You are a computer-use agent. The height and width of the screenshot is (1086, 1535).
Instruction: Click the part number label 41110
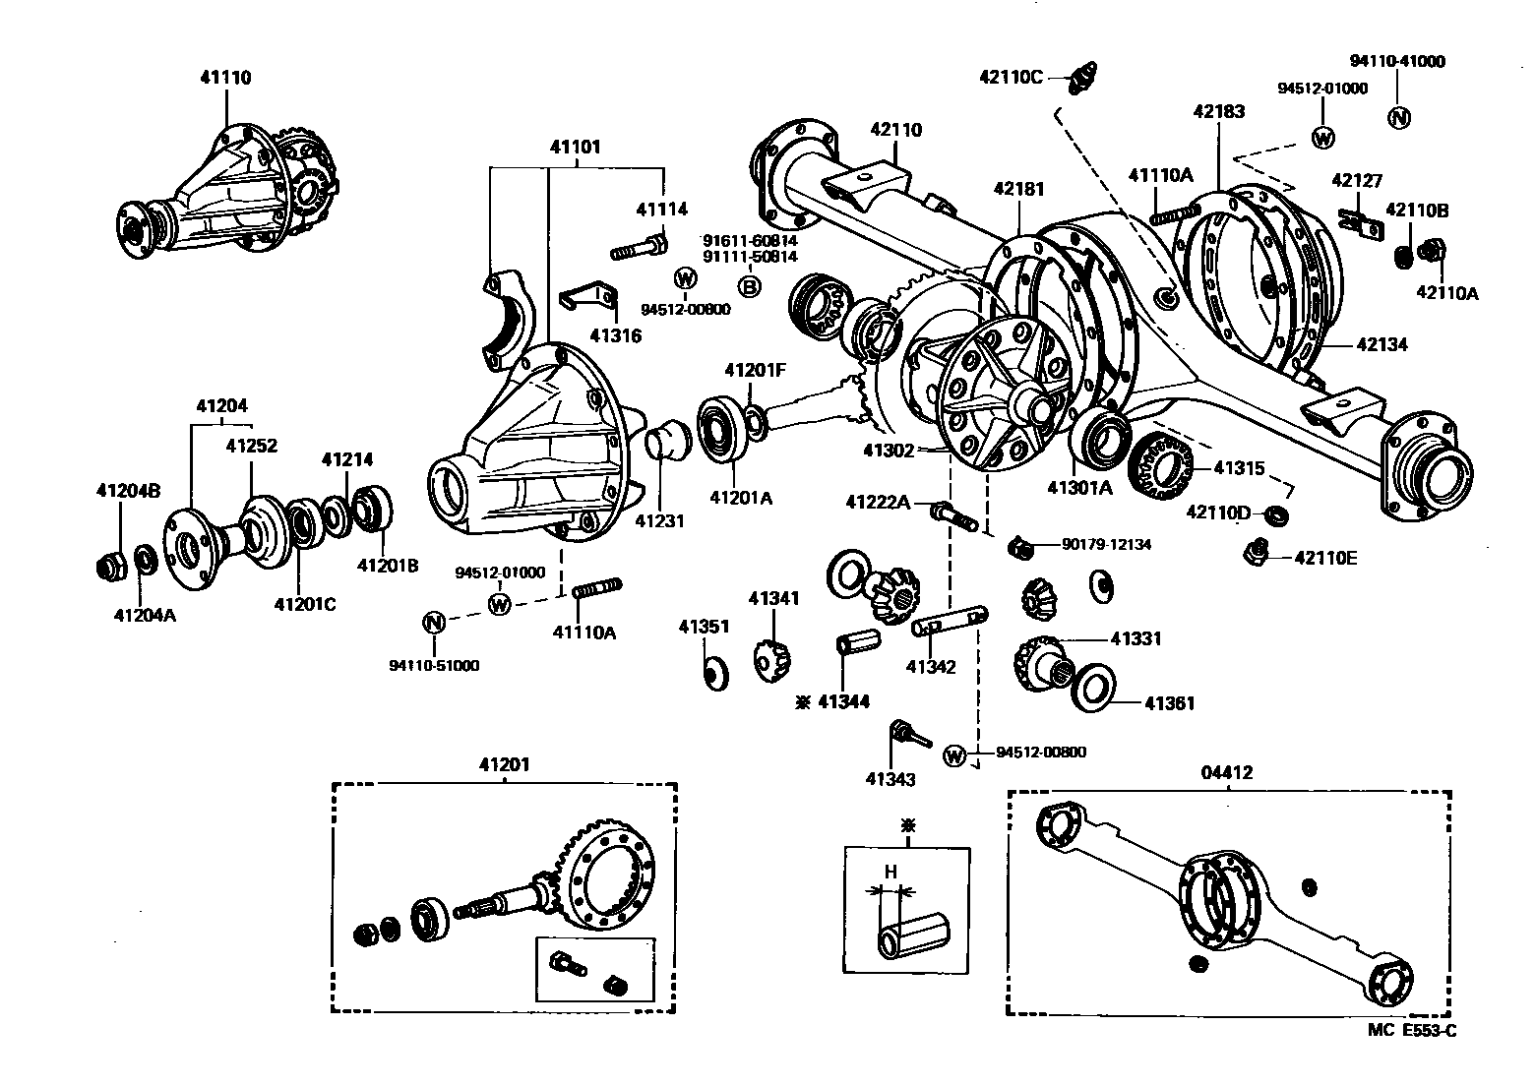click(x=226, y=78)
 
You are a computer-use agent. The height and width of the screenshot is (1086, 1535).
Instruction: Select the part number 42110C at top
click(x=1010, y=76)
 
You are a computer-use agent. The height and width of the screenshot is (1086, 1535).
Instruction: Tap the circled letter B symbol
click(x=749, y=286)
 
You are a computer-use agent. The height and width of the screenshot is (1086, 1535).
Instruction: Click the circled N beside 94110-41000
click(x=1397, y=117)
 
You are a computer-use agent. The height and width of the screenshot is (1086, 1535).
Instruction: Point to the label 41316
click(x=615, y=335)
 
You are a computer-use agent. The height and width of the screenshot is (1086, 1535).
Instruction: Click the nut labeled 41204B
click(x=111, y=566)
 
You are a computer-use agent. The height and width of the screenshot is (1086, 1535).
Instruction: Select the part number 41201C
click(x=304, y=604)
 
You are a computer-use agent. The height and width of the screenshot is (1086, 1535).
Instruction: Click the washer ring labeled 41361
click(x=1091, y=688)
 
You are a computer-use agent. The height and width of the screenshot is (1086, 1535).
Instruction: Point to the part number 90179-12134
click(x=1106, y=544)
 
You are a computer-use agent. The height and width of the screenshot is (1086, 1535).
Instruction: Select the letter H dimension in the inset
click(x=890, y=872)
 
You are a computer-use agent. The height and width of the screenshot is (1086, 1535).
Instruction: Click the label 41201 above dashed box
click(x=504, y=765)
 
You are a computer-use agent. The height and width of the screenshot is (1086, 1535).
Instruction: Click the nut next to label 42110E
click(x=1258, y=555)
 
